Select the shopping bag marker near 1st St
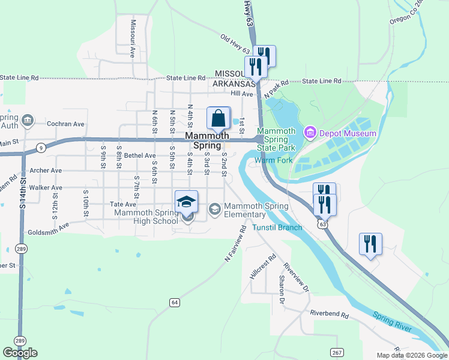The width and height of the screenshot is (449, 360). (218, 118)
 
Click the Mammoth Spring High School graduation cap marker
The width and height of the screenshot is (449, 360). (187, 202)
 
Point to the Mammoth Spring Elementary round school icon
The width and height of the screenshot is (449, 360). (214, 209)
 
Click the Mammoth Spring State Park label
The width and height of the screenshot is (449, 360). (277, 139)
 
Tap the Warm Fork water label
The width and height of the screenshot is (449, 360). (273, 160)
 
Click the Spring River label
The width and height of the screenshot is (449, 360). (392, 321)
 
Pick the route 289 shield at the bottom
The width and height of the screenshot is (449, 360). (20, 340)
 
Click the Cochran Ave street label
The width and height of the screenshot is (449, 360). (66, 124)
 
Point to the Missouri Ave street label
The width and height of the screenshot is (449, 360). (132, 38)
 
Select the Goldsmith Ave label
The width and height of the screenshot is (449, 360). (49, 229)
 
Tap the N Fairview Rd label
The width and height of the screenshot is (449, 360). (236, 243)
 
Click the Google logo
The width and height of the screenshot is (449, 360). (20, 353)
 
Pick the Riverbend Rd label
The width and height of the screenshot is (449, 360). (330, 313)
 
